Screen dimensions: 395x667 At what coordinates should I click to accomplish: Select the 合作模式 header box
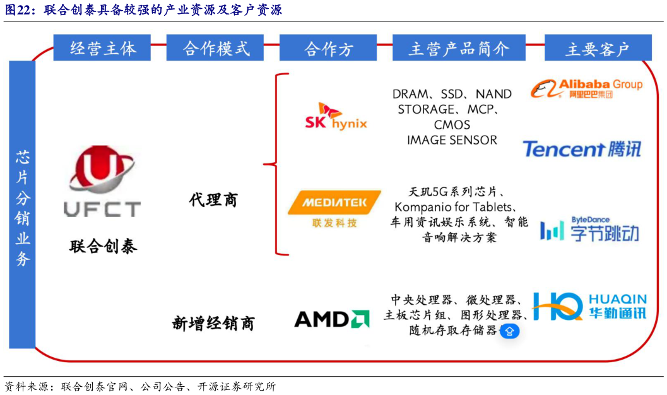coord(215,48)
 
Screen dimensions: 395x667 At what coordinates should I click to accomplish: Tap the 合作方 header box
coord(328,48)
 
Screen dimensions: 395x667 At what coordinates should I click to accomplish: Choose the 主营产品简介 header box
coord(458,48)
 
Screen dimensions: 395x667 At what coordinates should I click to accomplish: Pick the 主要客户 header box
coord(597,48)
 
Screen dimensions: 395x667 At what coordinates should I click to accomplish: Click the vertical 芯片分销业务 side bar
coord(22,205)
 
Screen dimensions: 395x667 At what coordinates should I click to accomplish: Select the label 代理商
coord(213,200)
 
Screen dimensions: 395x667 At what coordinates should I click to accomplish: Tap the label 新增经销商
coord(213,324)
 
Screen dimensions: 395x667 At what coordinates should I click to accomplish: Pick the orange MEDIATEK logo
coord(334,208)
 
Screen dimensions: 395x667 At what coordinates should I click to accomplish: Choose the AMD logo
coord(332,319)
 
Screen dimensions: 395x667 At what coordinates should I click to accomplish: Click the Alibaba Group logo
coord(586,88)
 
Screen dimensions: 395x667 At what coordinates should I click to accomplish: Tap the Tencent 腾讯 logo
coord(581,149)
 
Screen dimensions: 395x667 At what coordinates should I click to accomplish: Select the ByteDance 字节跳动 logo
coord(589,230)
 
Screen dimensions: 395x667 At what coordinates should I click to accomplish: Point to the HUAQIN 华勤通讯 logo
coord(589,306)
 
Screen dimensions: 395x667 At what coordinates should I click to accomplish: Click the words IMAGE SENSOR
coord(452,140)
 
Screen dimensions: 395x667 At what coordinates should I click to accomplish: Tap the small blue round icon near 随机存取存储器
coord(510,331)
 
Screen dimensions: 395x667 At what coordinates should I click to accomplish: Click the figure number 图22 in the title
coord(20,10)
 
